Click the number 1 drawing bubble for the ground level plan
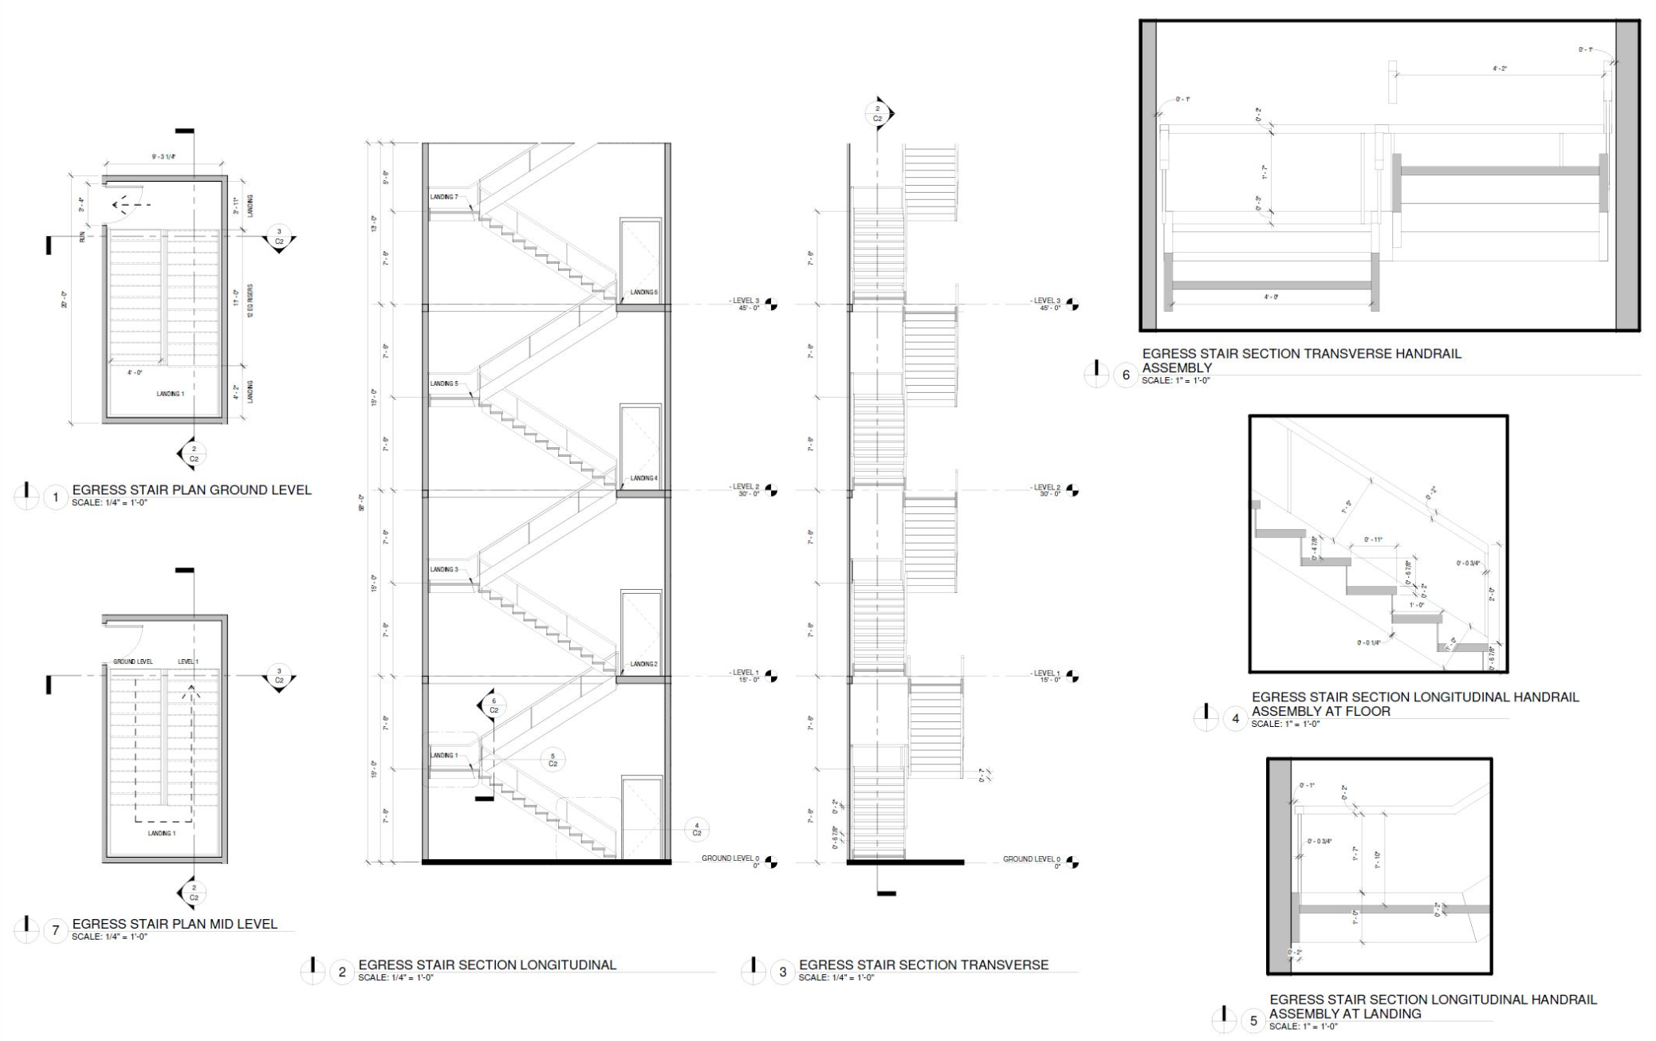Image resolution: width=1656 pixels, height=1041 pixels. (55, 498)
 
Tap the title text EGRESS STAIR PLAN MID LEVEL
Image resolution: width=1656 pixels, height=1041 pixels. (175, 924)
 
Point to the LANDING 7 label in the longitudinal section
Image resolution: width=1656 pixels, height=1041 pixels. (444, 197)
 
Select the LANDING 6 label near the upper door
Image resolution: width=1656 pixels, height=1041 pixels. (644, 293)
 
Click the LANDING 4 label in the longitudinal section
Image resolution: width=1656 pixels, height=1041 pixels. (644, 478)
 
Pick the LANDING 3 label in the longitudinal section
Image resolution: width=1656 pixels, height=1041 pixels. (444, 570)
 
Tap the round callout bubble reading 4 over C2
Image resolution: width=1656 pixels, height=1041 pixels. (697, 829)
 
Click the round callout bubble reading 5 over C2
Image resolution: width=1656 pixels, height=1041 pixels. (553, 760)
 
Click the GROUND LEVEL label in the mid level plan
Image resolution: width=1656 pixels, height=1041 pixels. (132, 662)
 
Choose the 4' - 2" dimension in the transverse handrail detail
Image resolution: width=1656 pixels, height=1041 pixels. (1500, 69)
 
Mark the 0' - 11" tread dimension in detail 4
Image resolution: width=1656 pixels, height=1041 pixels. (1372, 540)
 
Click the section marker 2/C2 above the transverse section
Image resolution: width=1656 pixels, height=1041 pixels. (878, 114)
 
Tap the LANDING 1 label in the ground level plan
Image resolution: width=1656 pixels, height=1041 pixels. (170, 394)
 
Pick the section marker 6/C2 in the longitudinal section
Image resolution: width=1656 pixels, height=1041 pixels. (493, 705)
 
